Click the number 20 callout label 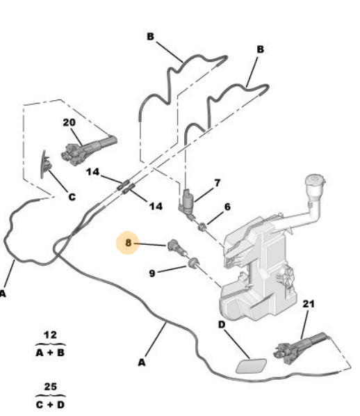tap(69, 122)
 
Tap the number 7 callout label tap(218, 183)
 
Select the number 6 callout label tap(227, 207)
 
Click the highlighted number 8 tap(128, 243)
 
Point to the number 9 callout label tap(152, 273)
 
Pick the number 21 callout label tap(309, 304)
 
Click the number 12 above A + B tap(50, 335)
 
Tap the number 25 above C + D tap(50, 387)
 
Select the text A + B tap(50, 353)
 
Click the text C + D tap(50, 405)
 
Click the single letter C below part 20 tap(72, 197)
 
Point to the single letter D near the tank tap(222, 324)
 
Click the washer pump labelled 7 tap(188, 203)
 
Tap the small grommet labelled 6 tap(203, 227)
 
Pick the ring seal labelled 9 tap(193, 262)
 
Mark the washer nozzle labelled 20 tap(88, 150)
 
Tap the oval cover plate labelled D tap(251, 366)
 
